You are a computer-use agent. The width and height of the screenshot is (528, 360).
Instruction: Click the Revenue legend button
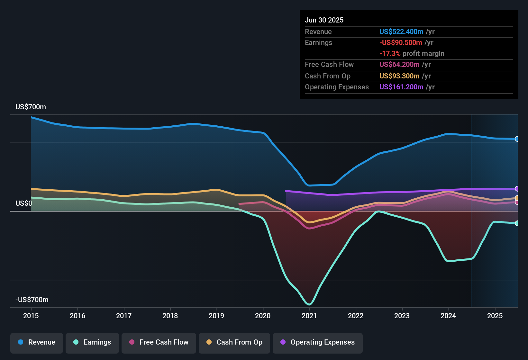(37, 342)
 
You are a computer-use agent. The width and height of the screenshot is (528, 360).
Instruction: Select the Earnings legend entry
(92, 342)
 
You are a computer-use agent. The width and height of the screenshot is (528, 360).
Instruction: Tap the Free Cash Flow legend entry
(159, 342)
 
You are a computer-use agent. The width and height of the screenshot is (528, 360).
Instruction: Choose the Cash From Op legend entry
(234, 342)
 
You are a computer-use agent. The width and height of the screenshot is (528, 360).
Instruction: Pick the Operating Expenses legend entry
(318, 342)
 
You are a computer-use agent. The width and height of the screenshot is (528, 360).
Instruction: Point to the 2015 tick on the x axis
(31, 316)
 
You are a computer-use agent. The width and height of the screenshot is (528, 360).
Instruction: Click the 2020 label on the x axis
(263, 316)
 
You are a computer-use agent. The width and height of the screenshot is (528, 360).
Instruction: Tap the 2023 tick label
(402, 316)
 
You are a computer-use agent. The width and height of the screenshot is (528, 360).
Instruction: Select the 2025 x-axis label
(495, 316)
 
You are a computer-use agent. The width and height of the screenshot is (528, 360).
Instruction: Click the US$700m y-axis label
(31, 107)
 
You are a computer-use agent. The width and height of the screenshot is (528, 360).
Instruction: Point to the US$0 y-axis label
(24, 203)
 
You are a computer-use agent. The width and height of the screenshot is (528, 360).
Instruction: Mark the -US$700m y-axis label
(32, 300)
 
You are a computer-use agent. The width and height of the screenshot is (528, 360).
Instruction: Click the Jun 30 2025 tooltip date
(324, 20)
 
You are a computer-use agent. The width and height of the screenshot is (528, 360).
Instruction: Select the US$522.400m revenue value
(401, 32)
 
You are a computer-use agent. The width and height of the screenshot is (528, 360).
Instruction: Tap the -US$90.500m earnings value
(401, 43)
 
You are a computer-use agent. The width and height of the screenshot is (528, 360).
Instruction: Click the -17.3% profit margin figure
(390, 54)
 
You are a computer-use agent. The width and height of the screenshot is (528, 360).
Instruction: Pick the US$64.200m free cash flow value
(399, 65)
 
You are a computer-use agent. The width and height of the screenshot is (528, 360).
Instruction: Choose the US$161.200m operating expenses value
(401, 87)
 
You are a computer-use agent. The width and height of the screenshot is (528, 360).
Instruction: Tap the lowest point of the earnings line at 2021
(309, 304)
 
